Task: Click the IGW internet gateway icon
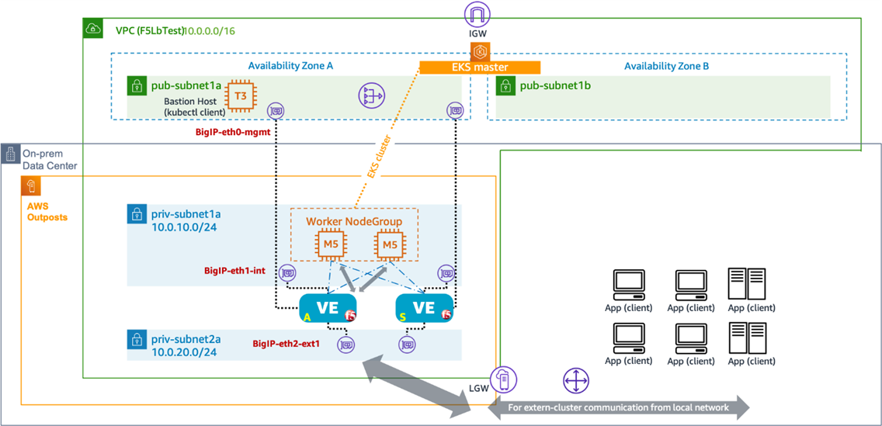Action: (x=477, y=15)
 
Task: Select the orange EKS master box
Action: (x=479, y=68)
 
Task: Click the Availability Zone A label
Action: (x=290, y=66)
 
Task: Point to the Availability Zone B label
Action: (x=666, y=66)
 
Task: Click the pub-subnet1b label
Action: (x=555, y=85)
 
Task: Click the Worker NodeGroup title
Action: (x=354, y=222)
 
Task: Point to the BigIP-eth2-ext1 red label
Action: (x=286, y=343)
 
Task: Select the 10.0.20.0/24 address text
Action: (x=185, y=352)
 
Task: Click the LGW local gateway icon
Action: (x=503, y=379)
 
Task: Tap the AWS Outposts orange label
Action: (x=47, y=212)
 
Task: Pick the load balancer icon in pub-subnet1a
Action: (x=371, y=96)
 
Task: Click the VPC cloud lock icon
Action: (x=93, y=29)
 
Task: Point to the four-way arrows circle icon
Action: (x=575, y=380)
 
